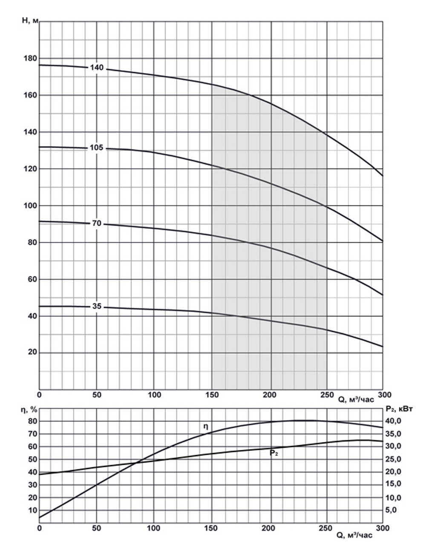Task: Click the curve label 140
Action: point(97,68)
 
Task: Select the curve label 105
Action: point(97,148)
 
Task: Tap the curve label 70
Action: point(97,223)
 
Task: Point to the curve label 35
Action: point(97,306)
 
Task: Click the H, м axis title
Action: point(30,20)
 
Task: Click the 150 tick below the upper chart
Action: point(212,395)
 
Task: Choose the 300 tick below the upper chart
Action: point(383,395)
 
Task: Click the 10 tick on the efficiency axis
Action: point(33,510)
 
